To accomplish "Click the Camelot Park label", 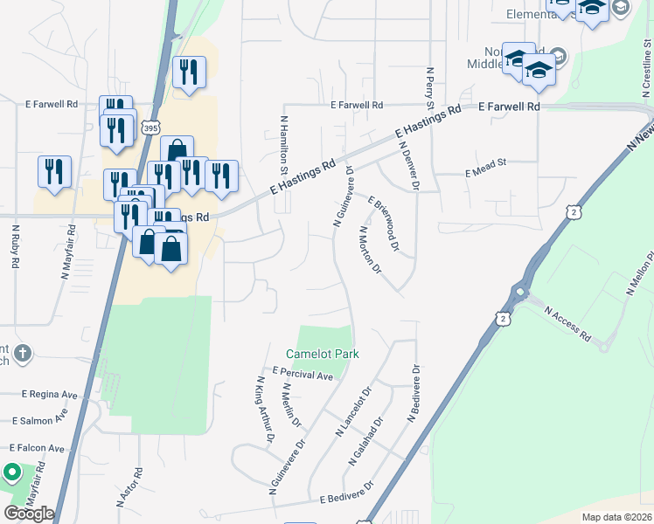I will point(323,354).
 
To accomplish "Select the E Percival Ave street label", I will point(303,374).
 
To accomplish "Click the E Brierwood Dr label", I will point(383,224).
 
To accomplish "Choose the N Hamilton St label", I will point(284,143).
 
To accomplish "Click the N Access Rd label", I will point(567,324).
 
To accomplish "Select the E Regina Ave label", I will point(48,395).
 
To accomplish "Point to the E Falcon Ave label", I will point(32,448).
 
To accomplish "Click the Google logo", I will point(29,514).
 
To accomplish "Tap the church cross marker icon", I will point(24,354).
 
